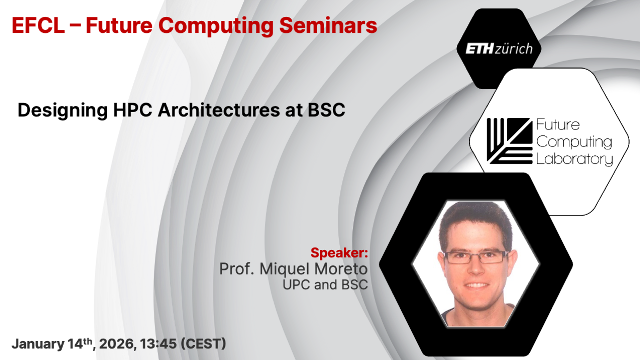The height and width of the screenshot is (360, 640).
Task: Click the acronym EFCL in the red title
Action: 38,25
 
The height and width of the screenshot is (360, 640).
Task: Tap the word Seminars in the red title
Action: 328,25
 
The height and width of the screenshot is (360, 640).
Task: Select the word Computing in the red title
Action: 216,26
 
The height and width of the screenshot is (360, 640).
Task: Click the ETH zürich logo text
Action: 499,49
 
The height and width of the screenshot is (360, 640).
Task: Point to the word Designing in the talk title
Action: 63,111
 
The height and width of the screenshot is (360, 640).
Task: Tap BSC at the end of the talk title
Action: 326,110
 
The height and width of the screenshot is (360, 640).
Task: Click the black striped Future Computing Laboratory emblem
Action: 510,141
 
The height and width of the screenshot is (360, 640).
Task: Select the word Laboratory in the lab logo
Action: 574,159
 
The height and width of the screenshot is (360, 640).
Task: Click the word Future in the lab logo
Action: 558,124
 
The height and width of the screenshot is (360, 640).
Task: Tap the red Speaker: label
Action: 339,253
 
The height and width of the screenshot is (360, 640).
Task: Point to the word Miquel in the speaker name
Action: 284,269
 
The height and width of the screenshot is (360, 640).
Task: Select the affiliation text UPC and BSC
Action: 325,285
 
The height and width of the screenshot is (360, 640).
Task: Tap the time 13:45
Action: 158,344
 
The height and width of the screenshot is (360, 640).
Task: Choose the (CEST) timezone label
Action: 204,344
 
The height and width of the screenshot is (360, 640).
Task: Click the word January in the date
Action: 38,344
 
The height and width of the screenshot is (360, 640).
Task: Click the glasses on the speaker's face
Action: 476,257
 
